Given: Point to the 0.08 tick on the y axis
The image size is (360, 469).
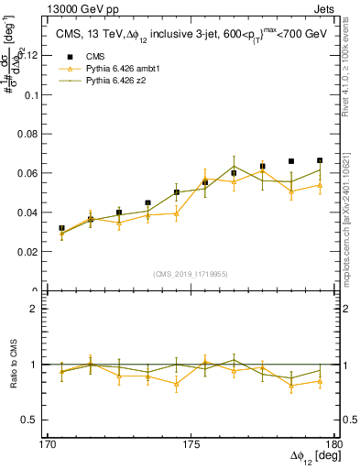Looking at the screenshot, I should (33, 134).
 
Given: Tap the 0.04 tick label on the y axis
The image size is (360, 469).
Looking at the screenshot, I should (33, 213).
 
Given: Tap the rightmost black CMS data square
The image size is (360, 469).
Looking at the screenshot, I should (320, 160).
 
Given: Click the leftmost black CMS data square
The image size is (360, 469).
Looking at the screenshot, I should (61, 228).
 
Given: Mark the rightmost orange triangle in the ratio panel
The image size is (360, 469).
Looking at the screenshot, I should (320, 380).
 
